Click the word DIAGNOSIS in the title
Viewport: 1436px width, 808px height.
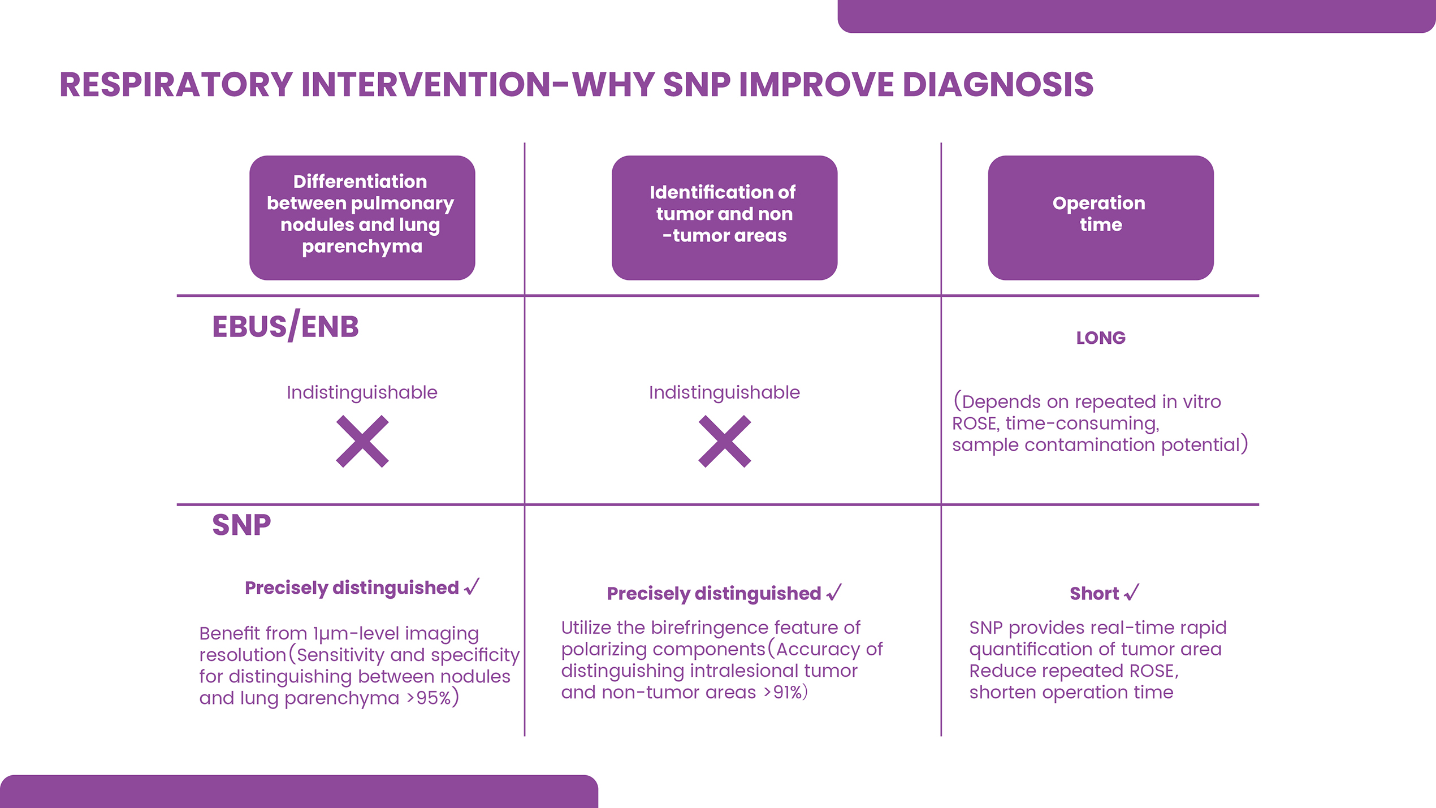click(998, 85)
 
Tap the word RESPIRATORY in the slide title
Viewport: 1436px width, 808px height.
click(176, 85)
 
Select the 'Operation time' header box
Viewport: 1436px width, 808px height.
click(1101, 218)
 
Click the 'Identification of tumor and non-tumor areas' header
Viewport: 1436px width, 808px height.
click(724, 218)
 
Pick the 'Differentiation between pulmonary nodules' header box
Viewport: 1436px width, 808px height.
click(362, 218)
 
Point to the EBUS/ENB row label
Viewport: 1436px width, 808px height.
click(286, 327)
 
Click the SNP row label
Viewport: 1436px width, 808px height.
click(241, 525)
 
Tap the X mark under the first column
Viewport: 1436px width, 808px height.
click(362, 442)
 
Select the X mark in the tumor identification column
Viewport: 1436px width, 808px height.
click(725, 442)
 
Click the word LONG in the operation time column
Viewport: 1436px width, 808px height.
click(1101, 338)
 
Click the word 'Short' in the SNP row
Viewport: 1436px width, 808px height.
click(1094, 593)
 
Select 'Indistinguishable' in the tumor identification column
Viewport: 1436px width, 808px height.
click(724, 392)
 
